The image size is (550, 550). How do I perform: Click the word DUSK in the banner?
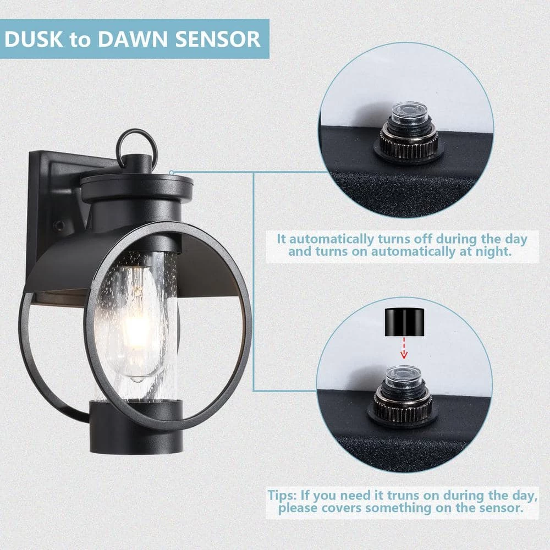34,39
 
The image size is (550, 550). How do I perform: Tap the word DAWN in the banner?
133,39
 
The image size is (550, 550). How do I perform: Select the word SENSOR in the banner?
218,39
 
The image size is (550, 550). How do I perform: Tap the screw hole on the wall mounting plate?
59,225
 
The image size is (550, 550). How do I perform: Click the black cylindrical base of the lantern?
136,427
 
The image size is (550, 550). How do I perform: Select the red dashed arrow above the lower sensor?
404,348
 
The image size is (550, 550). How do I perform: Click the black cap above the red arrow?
404,322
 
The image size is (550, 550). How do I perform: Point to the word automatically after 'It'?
332,240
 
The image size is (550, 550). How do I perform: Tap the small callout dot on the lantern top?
172,173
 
